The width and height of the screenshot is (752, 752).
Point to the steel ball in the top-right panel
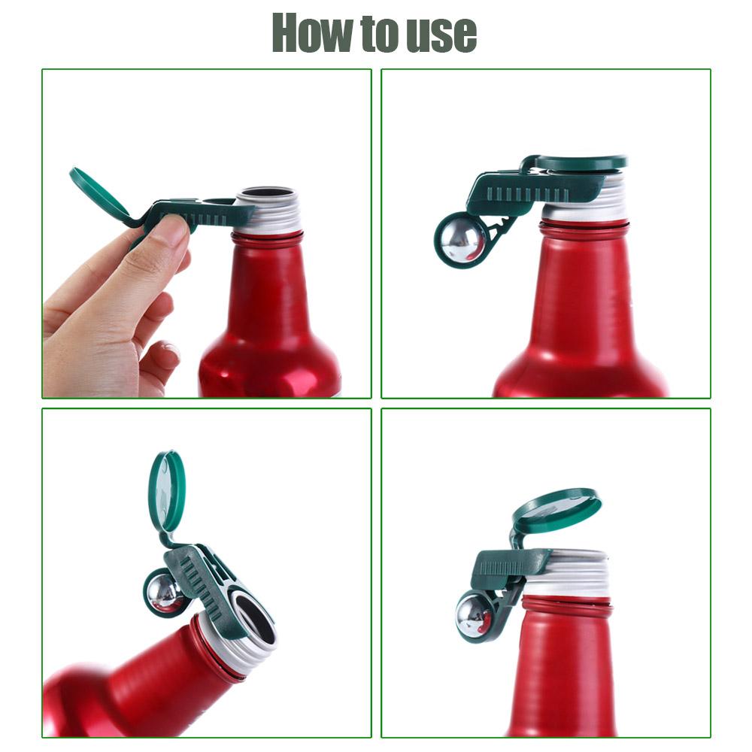point(461,240)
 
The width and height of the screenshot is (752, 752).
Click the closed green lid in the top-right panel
point(581,162)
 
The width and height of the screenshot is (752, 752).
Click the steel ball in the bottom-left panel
point(165,592)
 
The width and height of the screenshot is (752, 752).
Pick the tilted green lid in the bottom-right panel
point(559,510)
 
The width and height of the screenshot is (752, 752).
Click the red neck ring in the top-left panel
point(267,239)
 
